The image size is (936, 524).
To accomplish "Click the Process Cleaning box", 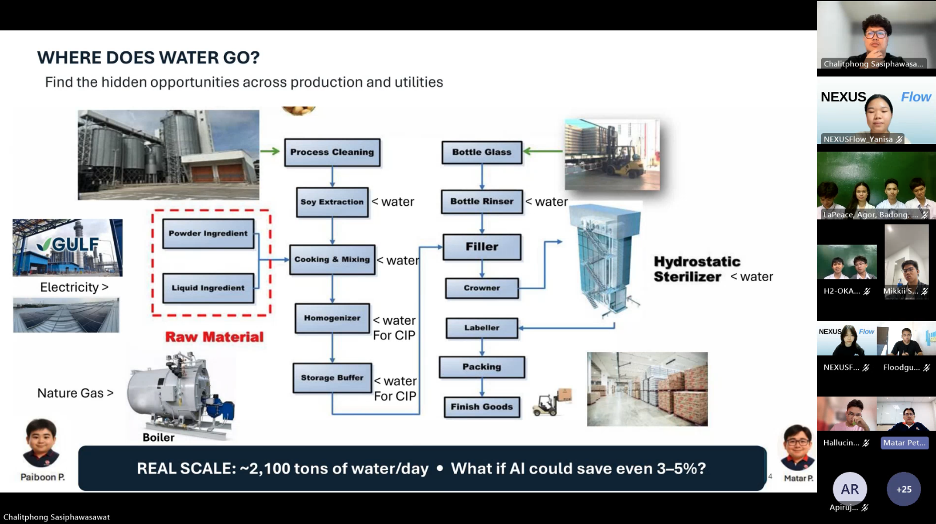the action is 332,153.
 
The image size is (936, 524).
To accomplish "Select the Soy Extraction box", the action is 332,202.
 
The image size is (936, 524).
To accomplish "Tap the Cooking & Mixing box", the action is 332,259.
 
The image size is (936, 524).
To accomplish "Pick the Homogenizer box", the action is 332,318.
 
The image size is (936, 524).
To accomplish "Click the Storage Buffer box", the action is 332,378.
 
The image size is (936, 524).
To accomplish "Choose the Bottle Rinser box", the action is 482,202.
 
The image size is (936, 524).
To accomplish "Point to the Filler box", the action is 482,247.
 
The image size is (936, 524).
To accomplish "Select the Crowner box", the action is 482,289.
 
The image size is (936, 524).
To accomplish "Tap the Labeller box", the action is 482,328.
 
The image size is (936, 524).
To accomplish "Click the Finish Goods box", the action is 482,407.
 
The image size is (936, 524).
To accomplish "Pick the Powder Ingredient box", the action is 208,234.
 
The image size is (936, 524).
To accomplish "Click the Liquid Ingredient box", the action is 208,289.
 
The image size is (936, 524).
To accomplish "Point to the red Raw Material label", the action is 214,337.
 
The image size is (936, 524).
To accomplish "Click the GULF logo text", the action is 70,245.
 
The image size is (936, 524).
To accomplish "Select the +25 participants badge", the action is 904,489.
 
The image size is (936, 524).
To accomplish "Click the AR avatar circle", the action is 850,489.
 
